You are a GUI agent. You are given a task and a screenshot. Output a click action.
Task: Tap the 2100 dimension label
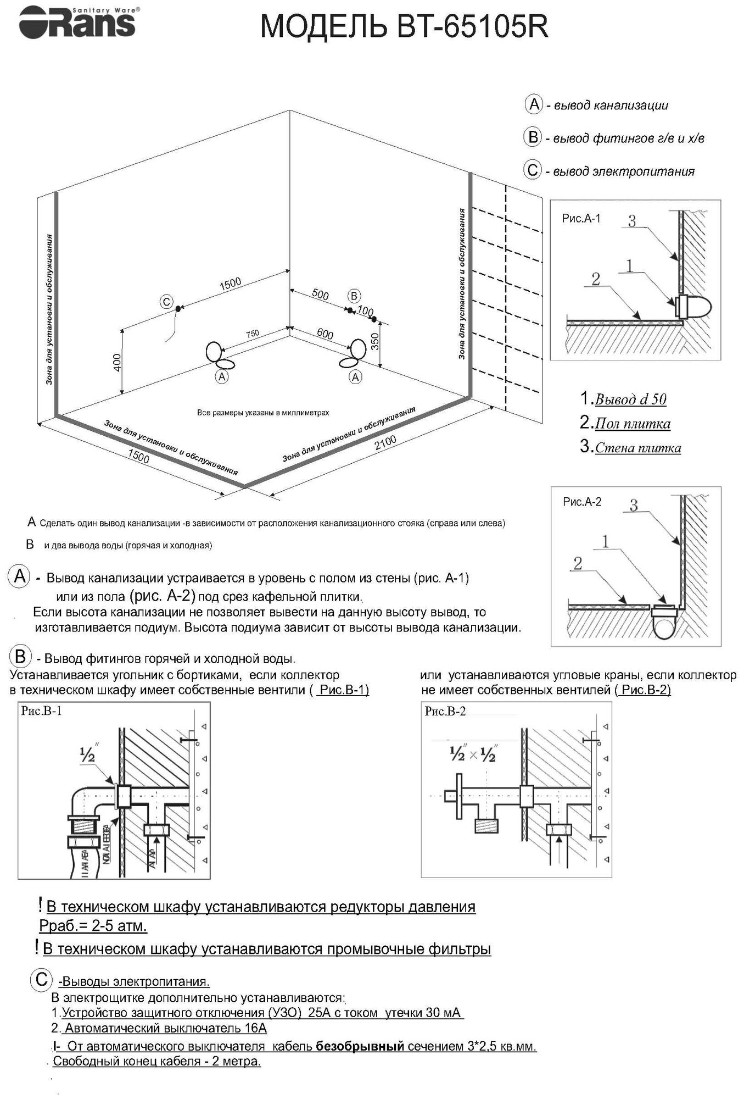click(x=385, y=443)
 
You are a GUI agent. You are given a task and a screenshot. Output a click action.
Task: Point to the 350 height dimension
click(x=375, y=342)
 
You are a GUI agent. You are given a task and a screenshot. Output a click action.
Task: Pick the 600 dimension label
click(x=325, y=334)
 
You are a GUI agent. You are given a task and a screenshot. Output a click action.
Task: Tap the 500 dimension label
click(x=320, y=295)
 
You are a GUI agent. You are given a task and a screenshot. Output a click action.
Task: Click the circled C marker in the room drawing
click(x=165, y=302)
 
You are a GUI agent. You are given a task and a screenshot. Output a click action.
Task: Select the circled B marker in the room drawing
click(x=354, y=296)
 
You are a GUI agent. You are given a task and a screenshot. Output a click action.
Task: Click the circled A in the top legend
click(x=534, y=104)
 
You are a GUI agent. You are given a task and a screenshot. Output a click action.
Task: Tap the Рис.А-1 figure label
click(x=581, y=219)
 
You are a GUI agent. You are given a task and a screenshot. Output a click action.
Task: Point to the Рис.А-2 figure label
click(x=582, y=502)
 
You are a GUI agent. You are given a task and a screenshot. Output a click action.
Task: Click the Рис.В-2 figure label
click(x=445, y=711)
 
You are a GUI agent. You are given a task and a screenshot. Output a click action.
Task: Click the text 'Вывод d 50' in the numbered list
click(x=630, y=399)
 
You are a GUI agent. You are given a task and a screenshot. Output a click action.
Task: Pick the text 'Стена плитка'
click(x=638, y=448)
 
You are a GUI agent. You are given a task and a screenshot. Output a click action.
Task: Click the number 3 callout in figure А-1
click(x=632, y=221)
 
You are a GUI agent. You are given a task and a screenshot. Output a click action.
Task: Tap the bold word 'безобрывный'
click(x=360, y=1046)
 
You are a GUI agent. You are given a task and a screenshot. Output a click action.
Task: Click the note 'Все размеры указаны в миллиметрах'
click(x=263, y=413)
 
